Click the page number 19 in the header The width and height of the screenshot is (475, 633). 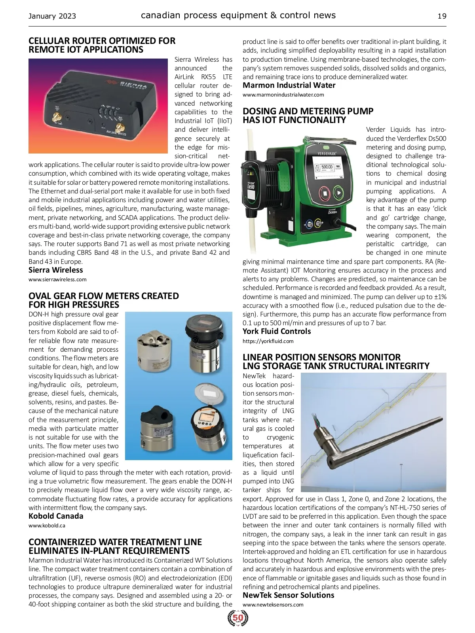pos(442,16)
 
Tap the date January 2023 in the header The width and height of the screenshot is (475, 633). pos(52,16)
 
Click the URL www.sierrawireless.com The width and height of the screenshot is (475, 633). pos(57,279)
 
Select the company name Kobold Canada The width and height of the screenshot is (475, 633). pos(56,516)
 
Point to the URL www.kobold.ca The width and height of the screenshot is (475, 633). pos(47,526)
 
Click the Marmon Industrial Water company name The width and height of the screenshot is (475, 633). pos(289,85)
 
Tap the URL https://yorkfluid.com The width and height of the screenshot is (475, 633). pos(268,341)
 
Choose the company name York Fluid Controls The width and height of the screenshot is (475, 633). pos(277,332)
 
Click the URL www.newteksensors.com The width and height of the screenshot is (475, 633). pos(273,605)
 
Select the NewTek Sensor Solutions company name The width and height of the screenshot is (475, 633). pos(288,595)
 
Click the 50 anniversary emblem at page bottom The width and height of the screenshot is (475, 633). pos(238,618)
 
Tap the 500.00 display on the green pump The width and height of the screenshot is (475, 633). pos(327,167)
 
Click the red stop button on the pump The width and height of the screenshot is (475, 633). pos(323,194)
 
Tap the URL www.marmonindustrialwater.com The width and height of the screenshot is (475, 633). pos(283,95)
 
